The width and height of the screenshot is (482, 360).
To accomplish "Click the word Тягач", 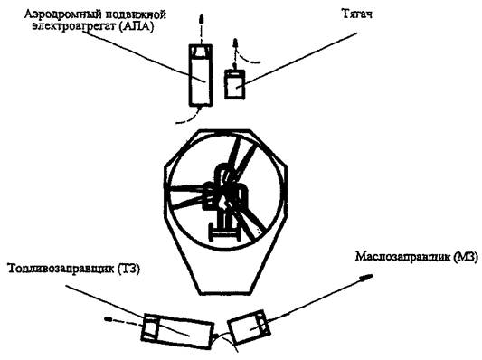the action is (x=356, y=14).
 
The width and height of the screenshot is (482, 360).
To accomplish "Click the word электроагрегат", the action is (x=73, y=26).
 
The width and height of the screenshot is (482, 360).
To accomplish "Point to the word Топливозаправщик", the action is (x=61, y=269).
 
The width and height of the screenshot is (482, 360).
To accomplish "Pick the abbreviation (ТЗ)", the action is (x=128, y=269).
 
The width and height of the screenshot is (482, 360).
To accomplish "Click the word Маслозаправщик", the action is (x=402, y=256).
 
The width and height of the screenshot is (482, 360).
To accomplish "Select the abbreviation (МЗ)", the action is (x=466, y=256).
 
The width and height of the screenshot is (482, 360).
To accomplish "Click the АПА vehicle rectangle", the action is (x=201, y=76).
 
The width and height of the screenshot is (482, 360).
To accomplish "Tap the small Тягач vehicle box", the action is (x=235, y=84).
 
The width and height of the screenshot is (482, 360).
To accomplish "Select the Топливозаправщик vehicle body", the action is (x=177, y=331).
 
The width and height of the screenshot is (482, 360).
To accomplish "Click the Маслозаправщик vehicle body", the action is (x=249, y=327).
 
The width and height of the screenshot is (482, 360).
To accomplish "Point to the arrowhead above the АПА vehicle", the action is (x=201, y=19).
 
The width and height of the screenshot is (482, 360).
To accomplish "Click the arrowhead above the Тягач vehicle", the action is (x=236, y=43).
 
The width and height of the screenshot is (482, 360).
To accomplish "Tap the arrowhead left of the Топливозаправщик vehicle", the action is (x=109, y=319).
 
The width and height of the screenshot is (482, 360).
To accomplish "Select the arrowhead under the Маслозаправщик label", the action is (x=367, y=277).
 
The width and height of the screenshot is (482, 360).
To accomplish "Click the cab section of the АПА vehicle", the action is (x=201, y=51).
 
